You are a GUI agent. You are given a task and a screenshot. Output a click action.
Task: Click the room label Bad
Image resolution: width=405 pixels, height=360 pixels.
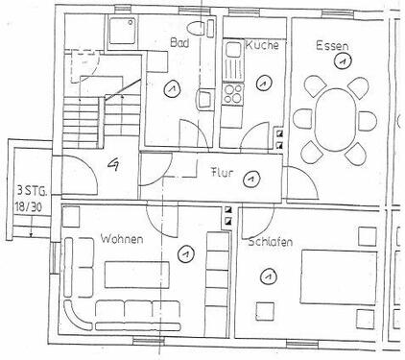coord(179,44)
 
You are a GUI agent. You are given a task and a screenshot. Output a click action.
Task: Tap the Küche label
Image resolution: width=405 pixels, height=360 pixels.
coord(261,46)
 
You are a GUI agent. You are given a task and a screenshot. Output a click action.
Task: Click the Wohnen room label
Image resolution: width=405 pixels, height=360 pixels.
coord(121,238)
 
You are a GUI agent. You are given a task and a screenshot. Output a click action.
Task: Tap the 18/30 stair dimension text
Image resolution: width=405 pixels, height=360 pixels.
coord(29,205)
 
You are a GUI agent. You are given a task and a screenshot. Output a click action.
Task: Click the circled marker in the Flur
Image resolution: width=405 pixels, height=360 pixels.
coord(250,178)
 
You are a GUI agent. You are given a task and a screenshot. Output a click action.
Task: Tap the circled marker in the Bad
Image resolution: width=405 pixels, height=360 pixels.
coord(170,89)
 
